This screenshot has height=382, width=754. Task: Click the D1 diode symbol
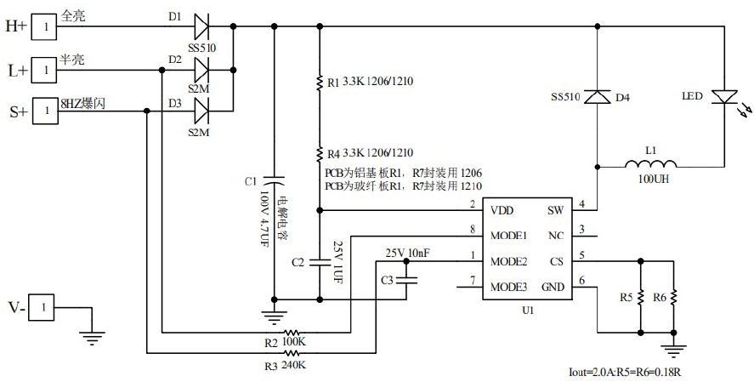point(201,27)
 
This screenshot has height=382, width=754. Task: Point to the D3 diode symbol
point(201,111)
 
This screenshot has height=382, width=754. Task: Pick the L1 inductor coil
point(651,164)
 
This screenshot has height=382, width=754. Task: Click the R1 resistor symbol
point(319,83)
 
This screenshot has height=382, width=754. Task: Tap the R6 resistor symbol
point(673,298)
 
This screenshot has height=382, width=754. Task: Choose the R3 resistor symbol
point(292,352)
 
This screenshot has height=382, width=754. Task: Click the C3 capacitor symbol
point(407,279)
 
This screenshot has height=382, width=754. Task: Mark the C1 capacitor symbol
point(274,181)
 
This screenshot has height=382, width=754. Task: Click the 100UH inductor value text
point(650,180)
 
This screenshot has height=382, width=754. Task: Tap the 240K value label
point(292,366)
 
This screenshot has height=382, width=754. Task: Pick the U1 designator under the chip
point(527,311)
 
